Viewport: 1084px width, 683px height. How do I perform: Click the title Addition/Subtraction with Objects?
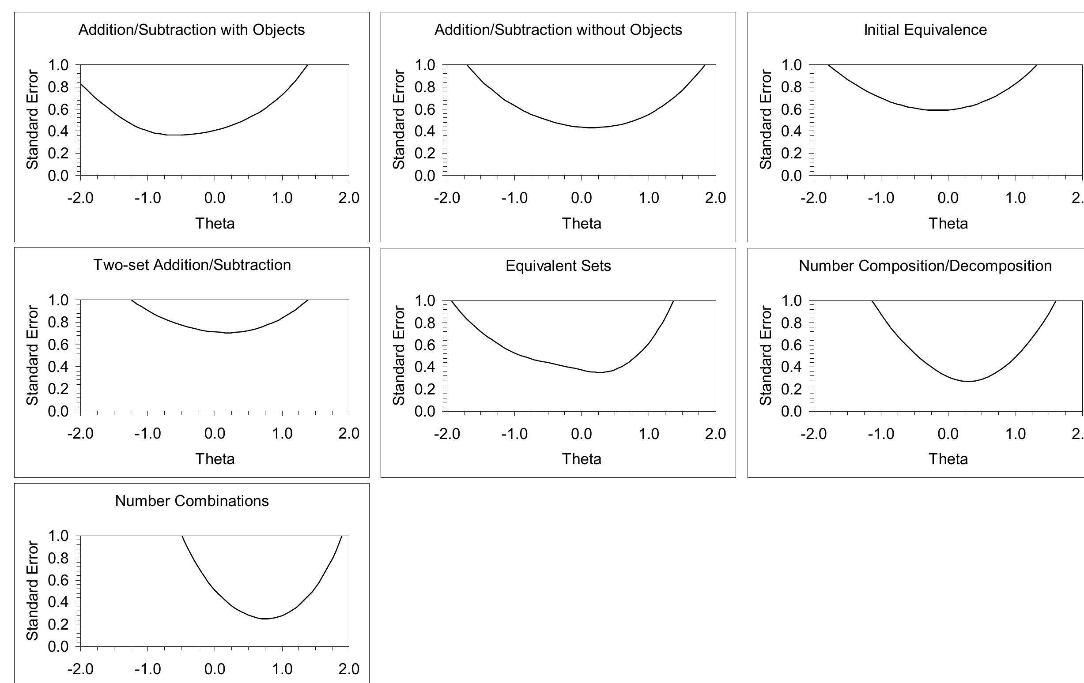click(191, 30)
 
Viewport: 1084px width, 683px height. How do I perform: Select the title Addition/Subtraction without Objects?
click(558, 30)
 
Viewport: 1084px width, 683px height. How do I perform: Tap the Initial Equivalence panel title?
click(925, 30)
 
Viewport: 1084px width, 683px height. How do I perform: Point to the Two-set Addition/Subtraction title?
click(192, 265)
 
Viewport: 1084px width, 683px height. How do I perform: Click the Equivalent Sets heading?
click(558, 266)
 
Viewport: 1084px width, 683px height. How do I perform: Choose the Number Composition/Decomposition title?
click(925, 266)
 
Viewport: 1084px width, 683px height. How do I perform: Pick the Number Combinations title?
click(192, 501)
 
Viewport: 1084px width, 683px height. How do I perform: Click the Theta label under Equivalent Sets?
click(581, 459)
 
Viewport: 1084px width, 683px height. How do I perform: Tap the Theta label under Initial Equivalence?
click(948, 223)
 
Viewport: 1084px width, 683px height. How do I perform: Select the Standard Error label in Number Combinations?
click(32, 590)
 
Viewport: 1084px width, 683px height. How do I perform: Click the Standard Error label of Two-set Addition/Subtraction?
click(32, 355)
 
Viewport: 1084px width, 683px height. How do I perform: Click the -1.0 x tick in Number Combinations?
click(147, 669)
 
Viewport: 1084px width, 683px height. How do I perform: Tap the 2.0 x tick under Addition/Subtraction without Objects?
click(715, 198)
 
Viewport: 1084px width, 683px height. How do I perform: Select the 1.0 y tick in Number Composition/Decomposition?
click(791, 300)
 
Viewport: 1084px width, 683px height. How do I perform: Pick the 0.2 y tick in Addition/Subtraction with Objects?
click(58, 153)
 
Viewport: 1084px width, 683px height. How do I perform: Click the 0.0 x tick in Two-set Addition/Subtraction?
click(215, 433)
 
